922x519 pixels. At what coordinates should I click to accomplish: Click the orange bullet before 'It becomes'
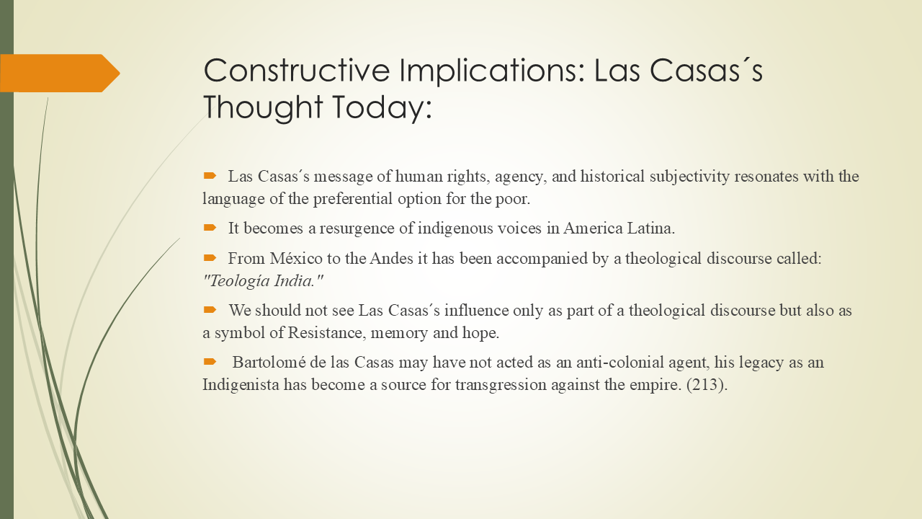[210, 228]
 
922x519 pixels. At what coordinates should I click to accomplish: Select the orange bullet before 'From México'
[210, 258]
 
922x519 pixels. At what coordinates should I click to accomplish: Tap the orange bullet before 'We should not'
[210, 310]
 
